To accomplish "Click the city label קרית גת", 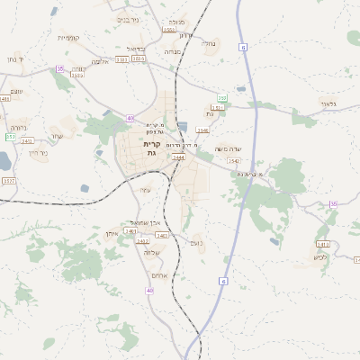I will [x=151, y=148].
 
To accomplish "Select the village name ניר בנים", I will [x=129, y=18].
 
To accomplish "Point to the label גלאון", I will [x=328, y=104].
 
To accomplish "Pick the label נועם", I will [x=196, y=241].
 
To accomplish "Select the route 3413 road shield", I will [x=322, y=244].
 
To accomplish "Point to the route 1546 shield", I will [x=202, y=130].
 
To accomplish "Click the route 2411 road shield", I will [x=27, y=140].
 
